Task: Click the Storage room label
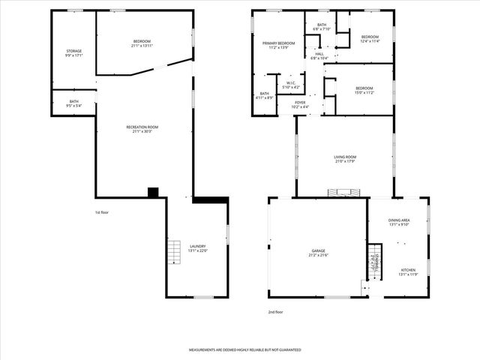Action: coord(73,53)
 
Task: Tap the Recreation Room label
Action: coord(142,130)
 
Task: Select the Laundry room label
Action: coord(198,248)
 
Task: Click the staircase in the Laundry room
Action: coord(175,253)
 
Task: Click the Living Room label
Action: coord(344,158)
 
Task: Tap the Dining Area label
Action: coord(398,221)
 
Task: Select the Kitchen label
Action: coord(408,271)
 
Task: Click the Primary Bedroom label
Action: coord(278,46)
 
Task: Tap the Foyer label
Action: coord(300,104)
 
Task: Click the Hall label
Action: coord(319,55)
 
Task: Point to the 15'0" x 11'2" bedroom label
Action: coord(364,90)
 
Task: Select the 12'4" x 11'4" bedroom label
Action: coord(370,39)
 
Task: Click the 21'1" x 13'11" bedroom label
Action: coord(142,43)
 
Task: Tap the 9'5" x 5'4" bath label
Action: coord(74,103)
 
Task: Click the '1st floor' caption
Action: coord(103,212)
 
